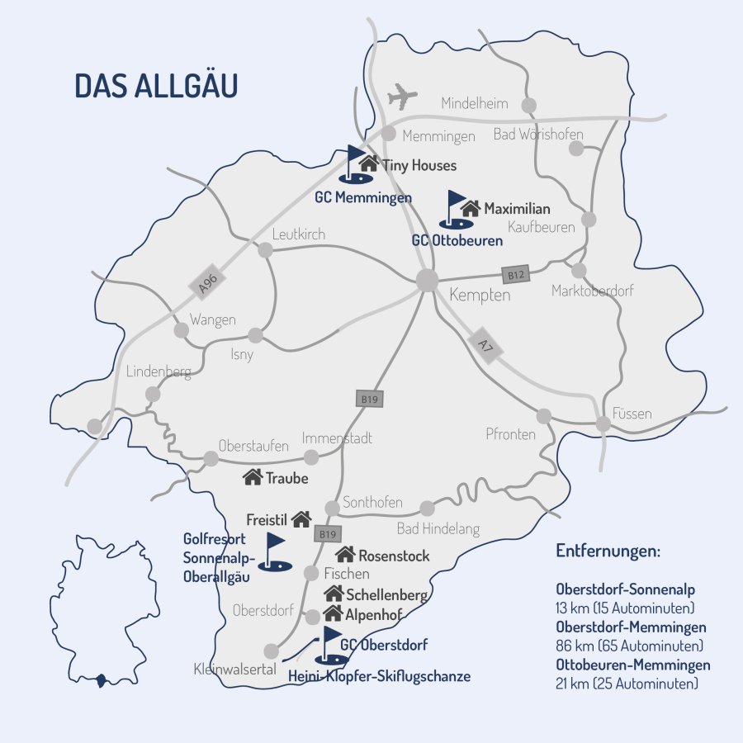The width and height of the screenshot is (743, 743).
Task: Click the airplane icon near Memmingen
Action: tap(403, 96)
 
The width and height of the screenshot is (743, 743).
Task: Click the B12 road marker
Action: tap(516, 274)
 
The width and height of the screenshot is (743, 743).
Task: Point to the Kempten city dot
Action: tap(427, 280)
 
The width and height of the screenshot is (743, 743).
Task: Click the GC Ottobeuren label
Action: tap(457, 241)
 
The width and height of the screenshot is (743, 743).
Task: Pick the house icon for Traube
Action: tap(253, 476)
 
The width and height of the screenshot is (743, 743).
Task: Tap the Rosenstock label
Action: tap(394, 556)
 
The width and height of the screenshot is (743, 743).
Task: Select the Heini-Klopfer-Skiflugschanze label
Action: tap(379, 677)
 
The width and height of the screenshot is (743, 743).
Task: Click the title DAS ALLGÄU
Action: tap(156, 86)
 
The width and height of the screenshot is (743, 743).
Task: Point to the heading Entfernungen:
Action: tap(608, 551)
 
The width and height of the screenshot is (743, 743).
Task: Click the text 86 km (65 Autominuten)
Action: tap(630, 645)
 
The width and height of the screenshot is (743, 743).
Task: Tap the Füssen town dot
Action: tap(603, 424)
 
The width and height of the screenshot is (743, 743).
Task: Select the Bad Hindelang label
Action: tap(438, 529)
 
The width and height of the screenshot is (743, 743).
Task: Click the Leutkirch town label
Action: tap(299, 234)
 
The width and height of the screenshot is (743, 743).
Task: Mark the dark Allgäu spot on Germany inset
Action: tap(102, 680)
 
